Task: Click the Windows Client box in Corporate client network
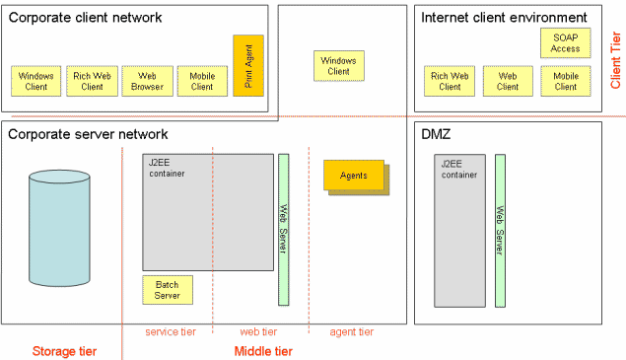36,81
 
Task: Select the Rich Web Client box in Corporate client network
92,81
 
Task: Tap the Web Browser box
147,81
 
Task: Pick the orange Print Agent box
248,65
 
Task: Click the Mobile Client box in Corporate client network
202,81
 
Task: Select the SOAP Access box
565,42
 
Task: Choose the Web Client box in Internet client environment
508,81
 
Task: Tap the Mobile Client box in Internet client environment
565,81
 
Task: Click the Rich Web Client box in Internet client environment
450,81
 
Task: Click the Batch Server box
168,290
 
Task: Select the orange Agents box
354,176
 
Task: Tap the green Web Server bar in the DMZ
500,230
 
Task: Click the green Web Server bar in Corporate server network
283,229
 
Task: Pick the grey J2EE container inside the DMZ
460,230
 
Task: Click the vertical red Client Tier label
616,60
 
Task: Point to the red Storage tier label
64,351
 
